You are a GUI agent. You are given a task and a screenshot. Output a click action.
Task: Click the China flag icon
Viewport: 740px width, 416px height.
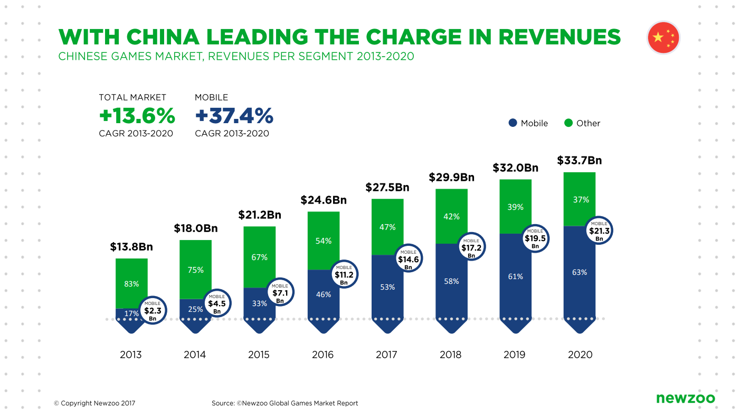point(663,38)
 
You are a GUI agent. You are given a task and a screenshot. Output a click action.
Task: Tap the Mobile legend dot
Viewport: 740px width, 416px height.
point(513,123)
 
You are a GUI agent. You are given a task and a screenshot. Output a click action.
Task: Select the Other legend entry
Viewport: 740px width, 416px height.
point(582,123)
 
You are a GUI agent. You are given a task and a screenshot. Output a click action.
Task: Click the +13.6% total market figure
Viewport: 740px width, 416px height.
point(137,115)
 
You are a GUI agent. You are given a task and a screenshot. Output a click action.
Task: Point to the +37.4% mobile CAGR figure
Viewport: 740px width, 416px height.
point(234,115)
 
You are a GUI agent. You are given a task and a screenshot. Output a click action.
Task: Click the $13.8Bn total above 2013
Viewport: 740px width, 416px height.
point(131,247)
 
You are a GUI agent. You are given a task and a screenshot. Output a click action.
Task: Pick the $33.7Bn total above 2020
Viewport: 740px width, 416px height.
point(580,160)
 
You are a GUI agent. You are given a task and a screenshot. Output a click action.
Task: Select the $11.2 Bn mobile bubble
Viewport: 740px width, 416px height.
point(344,275)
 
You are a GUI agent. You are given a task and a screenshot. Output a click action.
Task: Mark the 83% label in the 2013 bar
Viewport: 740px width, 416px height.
point(131,284)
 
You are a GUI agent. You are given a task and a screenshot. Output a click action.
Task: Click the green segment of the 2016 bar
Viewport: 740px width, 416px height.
point(323,241)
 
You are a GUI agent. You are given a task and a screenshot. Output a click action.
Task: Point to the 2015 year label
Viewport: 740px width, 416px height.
point(259,355)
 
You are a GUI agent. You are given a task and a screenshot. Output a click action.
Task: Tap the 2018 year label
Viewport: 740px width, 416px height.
point(451,355)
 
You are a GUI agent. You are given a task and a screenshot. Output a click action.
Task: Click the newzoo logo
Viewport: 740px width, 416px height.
point(686,398)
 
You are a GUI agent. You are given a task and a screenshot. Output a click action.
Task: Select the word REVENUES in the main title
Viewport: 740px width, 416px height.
point(559,37)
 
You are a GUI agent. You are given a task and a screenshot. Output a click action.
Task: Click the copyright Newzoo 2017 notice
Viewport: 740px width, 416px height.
point(94,403)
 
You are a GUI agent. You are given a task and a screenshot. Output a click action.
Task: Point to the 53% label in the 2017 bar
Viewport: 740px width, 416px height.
point(387,287)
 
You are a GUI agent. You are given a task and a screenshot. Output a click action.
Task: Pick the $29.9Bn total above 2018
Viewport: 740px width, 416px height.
point(451,177)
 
